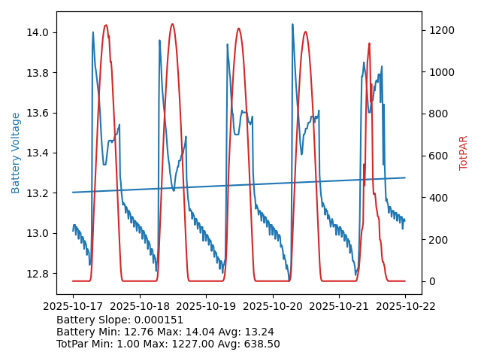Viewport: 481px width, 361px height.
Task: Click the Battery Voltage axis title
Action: [x=16, y=153]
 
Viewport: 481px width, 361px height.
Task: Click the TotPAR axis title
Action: [x=464, y=153]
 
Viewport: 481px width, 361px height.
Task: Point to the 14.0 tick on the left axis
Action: [x=38, y=32]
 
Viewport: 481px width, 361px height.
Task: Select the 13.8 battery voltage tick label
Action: [x=38, y=73]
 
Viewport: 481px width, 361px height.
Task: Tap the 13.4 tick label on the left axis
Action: [x=38, y=153]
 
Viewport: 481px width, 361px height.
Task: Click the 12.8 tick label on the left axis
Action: [x=38, y=273]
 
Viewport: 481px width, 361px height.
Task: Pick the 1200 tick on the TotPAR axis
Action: [x=440, y=30]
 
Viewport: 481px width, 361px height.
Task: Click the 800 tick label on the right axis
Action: [x=438, y=114]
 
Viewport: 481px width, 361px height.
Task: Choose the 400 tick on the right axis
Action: [x=438, y=198]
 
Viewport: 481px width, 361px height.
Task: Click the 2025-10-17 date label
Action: [x=73, y=307]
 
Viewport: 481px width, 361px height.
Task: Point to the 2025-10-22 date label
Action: [x=405, y=307]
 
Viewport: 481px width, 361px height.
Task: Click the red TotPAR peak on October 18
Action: [x=172, y=24]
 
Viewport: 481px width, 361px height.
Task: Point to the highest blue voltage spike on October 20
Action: [x=292, y=24]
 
